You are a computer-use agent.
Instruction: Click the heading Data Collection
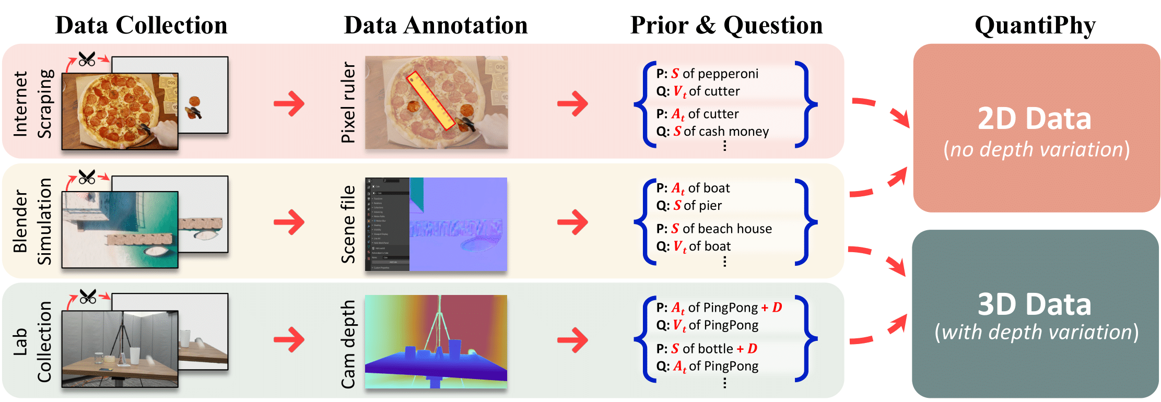click(x=141, y=25)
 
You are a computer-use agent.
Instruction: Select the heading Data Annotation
click(x=436, y=25)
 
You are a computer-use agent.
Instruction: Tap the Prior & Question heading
click(x=726, y=25)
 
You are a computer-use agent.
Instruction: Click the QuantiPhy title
click(x=1035, y=25)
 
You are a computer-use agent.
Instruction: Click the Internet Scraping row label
click(x=32, y=103)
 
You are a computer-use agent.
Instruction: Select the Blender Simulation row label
click(x=32, y=221)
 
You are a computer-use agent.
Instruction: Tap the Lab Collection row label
click(x=32, y=341)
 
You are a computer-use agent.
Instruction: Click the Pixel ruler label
click(x=348, y=102)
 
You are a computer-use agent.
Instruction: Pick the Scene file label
click(x=348, y=224)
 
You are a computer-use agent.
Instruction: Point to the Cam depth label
click(x=348, y=344)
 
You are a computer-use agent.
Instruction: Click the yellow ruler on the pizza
click(x=430, y=100)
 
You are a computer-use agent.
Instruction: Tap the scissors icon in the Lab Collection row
click(x=88, y=297)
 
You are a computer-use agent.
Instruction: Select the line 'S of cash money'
click(x=720, y=132)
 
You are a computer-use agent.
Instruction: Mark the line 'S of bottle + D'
click(x=713, y=349)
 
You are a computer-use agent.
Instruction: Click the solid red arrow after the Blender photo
click(x=289, y=222)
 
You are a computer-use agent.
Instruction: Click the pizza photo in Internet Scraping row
click(x=120, y=111)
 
